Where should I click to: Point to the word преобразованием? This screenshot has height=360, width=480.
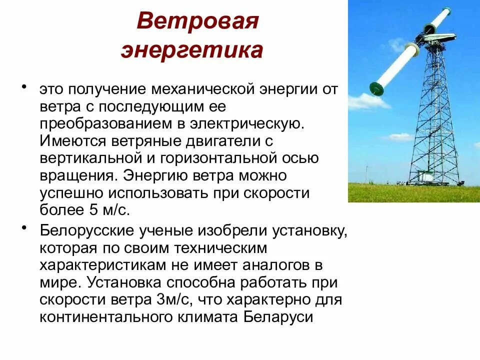[100, 123]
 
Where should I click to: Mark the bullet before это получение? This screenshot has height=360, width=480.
[24, 86]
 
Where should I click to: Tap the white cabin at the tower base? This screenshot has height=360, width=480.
[425, 176]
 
